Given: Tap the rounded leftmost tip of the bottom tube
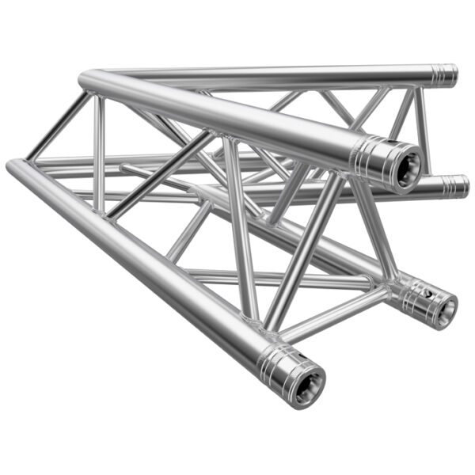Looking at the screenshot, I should coord(11,166).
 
